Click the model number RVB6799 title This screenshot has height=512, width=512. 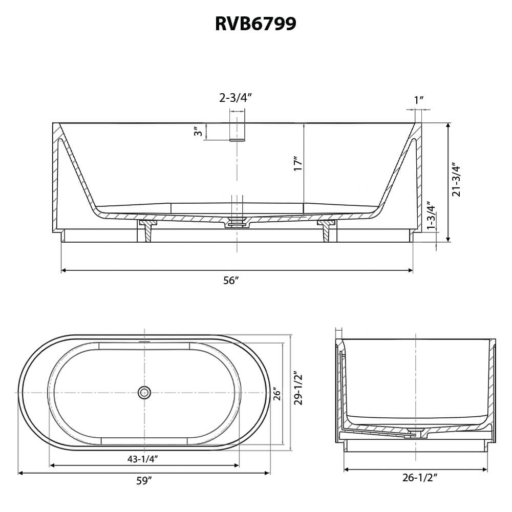[x=255, y=24]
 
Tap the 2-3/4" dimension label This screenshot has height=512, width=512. [x=236, y=97]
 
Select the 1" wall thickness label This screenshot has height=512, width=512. [x=419, y=100]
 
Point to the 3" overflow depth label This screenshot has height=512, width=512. [x=198, y=132]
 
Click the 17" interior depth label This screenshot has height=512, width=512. [x=297, y=164]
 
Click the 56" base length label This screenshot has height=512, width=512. [x=231, y=280]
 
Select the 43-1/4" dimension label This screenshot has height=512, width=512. [x=143, y=459]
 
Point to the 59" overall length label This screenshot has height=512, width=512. [x=144, y=481]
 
